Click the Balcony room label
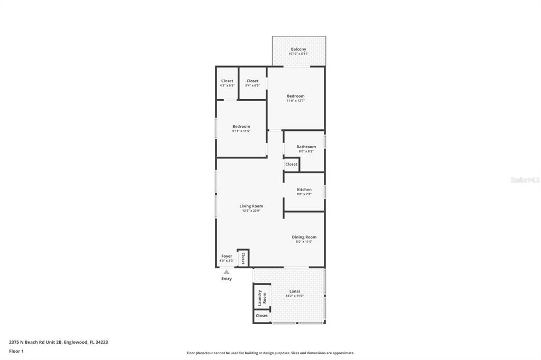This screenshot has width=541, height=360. (x=299, y=49)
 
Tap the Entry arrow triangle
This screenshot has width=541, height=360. (x=226, y=272)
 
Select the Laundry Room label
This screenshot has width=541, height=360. (x=262, y=297)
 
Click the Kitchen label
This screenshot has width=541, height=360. (x=304, y=190)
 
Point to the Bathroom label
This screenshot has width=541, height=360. (x=306, y=147)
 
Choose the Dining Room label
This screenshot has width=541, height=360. (x=304, y=237)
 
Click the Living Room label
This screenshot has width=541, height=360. (x=251, y=206)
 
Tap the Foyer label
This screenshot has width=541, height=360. (x=227, y=256)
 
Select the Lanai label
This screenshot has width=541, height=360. (x=294, y=291)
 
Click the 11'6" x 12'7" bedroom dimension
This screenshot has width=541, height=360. (x=295, y=100)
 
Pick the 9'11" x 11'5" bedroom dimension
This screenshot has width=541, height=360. (x=241, y=131)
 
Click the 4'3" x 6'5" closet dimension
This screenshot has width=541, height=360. (x=227, y=85)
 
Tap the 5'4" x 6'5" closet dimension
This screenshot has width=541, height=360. (x=253, y=85)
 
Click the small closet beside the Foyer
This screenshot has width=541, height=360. (x=243, y=258)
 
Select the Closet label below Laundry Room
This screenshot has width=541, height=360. (x=262, y=316)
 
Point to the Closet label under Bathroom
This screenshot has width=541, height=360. (x=291, y=164)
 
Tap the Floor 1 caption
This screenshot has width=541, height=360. (x=16, y=351)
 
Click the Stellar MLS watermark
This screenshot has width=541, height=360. (x=525, y=180)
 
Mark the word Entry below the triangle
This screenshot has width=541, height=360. (x=226, y=279)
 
